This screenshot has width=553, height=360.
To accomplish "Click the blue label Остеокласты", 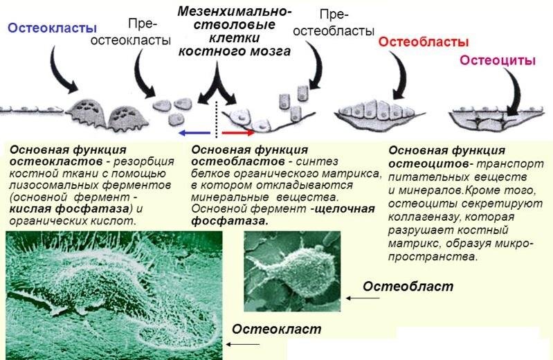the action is (52, 28).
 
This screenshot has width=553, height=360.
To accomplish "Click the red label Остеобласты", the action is (424, 42).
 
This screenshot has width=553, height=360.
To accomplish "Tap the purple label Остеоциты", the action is (498, 60).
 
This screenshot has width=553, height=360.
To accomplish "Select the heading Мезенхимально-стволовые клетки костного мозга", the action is (235, 31).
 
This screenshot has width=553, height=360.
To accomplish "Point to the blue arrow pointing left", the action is (194, 133).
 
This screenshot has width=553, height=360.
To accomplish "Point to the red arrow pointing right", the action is (238, 133).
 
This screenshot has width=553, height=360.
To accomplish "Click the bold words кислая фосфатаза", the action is (69, 208).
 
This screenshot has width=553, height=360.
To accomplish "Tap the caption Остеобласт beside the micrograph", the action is (408, 286).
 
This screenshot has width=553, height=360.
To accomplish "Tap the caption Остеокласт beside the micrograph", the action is (277, 329).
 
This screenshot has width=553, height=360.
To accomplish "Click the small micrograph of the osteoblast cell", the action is (292, 271).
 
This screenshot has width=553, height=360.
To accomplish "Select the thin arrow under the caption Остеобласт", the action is (363, 298).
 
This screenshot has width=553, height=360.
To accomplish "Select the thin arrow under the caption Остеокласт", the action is (243, 344).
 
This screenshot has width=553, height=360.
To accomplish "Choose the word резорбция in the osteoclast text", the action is (144, 162).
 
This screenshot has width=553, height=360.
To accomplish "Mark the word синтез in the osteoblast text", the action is (317, 161).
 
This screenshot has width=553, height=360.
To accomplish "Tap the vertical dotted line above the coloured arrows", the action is (216, 118).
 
